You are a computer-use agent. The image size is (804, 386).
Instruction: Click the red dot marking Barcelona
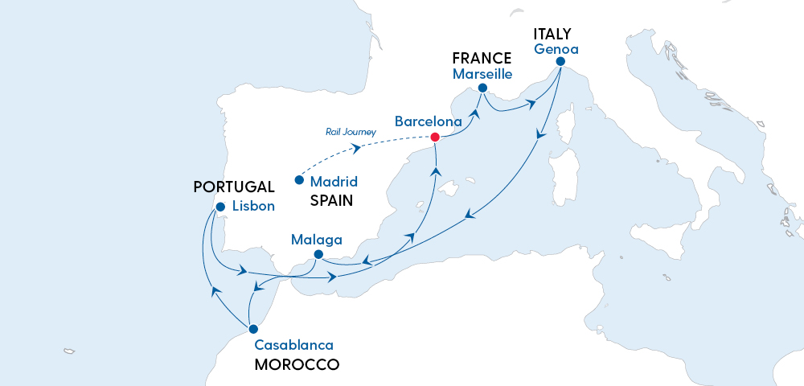[x=435, y=137]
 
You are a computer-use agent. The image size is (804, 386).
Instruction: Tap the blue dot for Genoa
[x=560, y=62]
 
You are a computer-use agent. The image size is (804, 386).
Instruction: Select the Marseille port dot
[x=482, y=88]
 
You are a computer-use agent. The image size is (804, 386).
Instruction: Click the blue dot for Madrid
[x=299, y=179]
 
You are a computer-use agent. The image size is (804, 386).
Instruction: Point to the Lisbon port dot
[x=219, y=206]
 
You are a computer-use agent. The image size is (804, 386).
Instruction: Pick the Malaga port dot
[x=318, y=257]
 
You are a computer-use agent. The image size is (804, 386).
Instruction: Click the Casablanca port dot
[x=253, y=329]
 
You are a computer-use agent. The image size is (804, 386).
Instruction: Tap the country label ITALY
[x=552, y=34]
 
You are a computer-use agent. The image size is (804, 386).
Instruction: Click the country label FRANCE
[x=482, y=58]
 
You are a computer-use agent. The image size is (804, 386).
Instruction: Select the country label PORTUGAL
[x=234, y=187]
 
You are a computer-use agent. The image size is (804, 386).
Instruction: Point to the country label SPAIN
[x=332, y=200]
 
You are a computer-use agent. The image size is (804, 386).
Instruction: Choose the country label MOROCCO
[x=296, y=364]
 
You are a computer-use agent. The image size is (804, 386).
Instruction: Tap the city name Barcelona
[x=428, y=121]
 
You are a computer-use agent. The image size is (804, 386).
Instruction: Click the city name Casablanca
[x=293, y=345]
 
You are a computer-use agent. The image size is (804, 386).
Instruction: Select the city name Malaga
[x=317, y=240]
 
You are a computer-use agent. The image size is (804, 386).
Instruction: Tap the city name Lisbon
[x=253, y=206]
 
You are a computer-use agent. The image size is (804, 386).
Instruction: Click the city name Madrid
[x=334, y=182]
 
